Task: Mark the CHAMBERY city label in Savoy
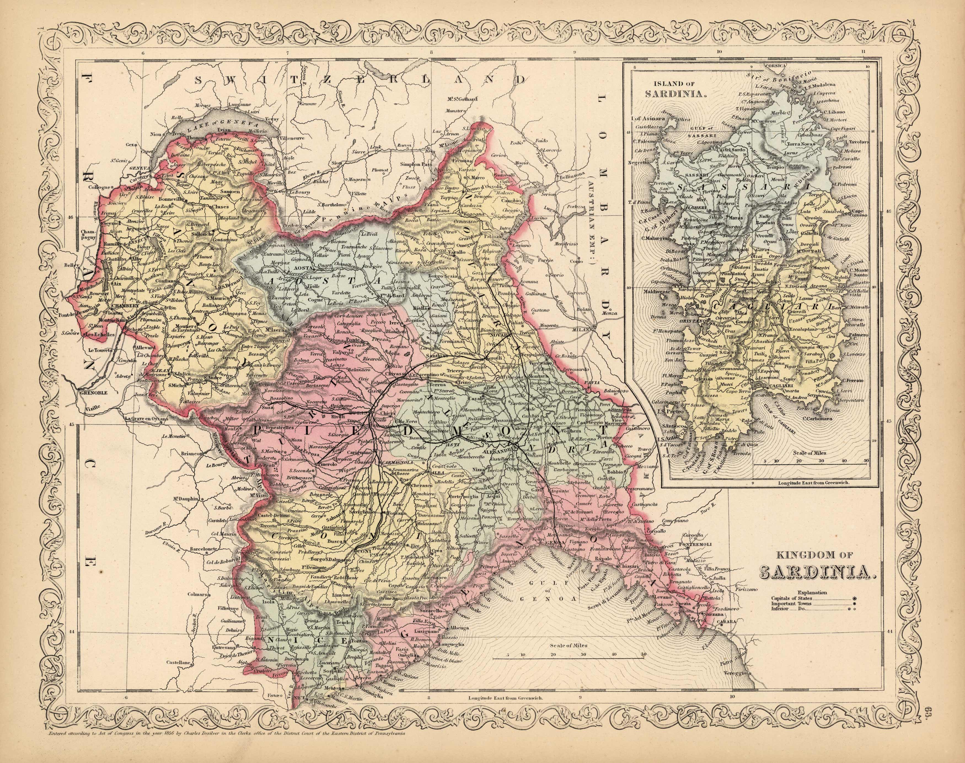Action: click(112, 306)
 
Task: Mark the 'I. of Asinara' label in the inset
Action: click(648, 119)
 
